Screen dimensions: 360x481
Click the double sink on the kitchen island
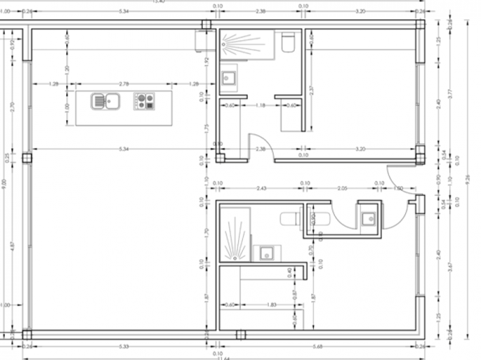pyautogui.click(x=106, y=102)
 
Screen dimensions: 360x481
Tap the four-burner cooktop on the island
pyautogui.click(x=144, y=102)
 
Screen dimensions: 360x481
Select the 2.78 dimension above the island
pyautogui.click(x=123, y=84)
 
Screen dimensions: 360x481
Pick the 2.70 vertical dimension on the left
pyautogui.click(x=12, y=107)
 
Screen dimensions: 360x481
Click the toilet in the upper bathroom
pyautogui.click(x=287, y=43)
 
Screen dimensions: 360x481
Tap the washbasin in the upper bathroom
pyautogui.click(x=229, y=77)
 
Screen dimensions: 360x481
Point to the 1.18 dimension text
pyautogui.click(x=260, y=105)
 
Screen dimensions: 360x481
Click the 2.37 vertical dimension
pyautogui.click(x=310, y=91)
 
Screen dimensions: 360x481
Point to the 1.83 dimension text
pyautogui.click(x=272, y=304)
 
